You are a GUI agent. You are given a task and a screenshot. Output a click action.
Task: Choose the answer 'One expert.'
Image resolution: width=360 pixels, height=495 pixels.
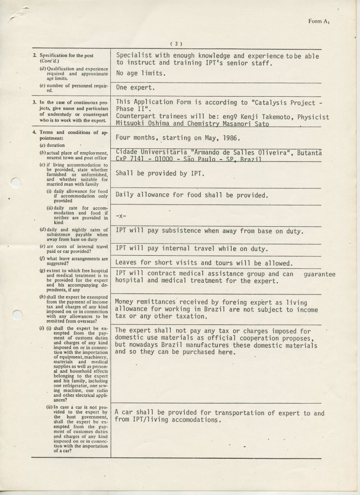(135, 87)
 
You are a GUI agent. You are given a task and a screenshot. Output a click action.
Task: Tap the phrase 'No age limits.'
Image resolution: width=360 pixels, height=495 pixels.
(141, 73)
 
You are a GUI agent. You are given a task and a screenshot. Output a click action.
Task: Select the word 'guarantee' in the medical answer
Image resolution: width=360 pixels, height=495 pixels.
(319, 274)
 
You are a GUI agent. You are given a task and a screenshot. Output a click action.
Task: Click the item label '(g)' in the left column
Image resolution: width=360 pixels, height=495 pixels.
(35, 271)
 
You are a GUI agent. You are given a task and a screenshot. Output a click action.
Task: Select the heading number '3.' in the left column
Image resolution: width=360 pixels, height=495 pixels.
(34, 102)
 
